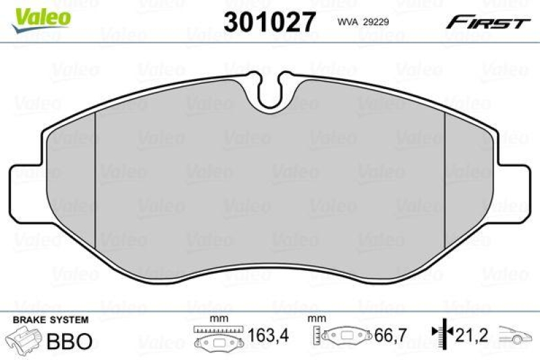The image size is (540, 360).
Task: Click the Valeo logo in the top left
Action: pos(38,15)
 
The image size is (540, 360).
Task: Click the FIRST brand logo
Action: pos(487,22)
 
